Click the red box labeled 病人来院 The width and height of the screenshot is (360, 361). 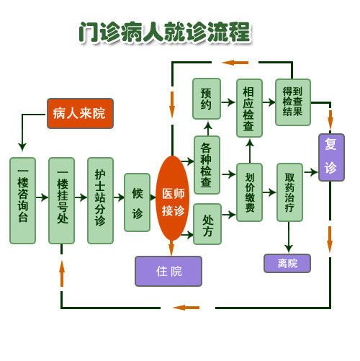(x=80, y=113)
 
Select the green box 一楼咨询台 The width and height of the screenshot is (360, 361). (x=23, y=200)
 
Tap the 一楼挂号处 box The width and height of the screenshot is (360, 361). (x=62, y=200)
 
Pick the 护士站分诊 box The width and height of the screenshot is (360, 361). (x=100, y=200)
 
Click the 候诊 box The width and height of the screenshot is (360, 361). (x=138, y=202)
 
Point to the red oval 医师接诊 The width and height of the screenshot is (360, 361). (x=173, y=198)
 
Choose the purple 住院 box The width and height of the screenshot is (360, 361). (x=168, y=271)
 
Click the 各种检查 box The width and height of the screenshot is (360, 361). (x=207, y=165)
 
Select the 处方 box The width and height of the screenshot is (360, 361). (x=207, y=224)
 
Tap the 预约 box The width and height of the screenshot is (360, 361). (x=207, y=99)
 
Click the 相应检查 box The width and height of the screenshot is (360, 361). (x=249, y=108)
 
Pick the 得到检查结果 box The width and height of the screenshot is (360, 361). (x=293, y=102)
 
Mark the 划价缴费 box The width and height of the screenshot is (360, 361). (x=249, y=192)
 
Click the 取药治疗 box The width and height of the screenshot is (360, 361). (x=289, y=192)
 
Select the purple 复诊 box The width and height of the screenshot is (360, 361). (x=331, y=157)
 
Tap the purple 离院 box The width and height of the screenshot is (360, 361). (x=287, y=263)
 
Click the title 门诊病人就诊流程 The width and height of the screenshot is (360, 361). (x=165, y=32)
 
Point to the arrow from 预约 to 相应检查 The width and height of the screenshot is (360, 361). (x=228, y=102)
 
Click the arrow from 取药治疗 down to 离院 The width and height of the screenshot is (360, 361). (x=289, y=237)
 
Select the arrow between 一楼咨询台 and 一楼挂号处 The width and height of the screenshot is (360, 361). (x=42, y=197)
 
